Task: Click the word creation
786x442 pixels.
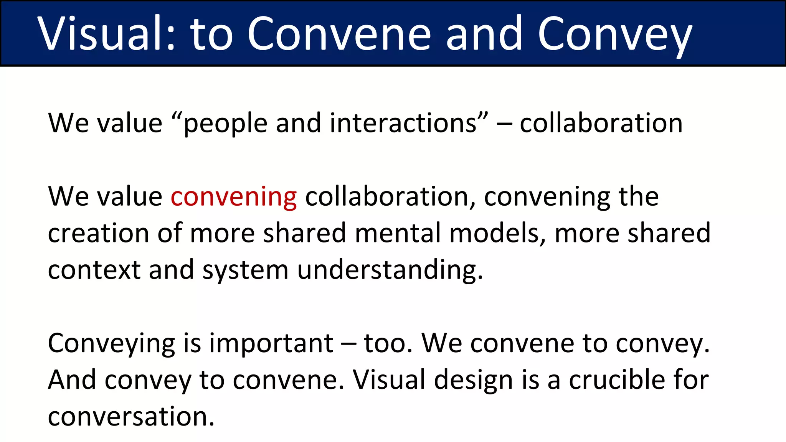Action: pyautogui.click(x=98, y=233)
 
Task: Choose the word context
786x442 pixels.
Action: pyautogui.click(x=94, y=270)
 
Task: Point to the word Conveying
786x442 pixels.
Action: pyautogui.click(x=112, y=344)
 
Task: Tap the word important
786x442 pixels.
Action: pyautogui.click(x=271, y=344)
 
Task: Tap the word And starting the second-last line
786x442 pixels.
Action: pyautogui.click(x=72, y=380)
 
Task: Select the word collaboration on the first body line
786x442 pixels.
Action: pyautogui.click(x=601, y=124)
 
